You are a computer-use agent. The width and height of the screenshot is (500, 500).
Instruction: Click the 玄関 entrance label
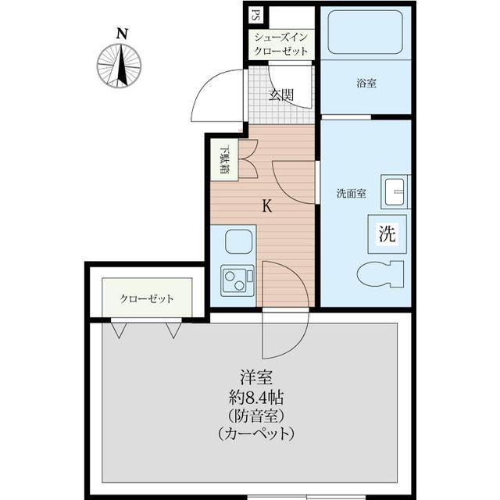281,95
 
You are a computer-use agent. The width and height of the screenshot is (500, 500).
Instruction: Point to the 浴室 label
366,82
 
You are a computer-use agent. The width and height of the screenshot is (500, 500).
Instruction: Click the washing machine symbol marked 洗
387,233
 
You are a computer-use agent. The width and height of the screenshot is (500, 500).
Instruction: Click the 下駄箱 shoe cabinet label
224,160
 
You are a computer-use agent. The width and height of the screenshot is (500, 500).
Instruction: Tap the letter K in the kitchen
266,207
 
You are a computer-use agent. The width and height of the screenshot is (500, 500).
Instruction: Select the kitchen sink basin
237,242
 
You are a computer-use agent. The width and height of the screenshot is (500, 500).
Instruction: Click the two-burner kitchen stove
237,280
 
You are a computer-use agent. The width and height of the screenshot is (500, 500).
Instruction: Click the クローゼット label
147,298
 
